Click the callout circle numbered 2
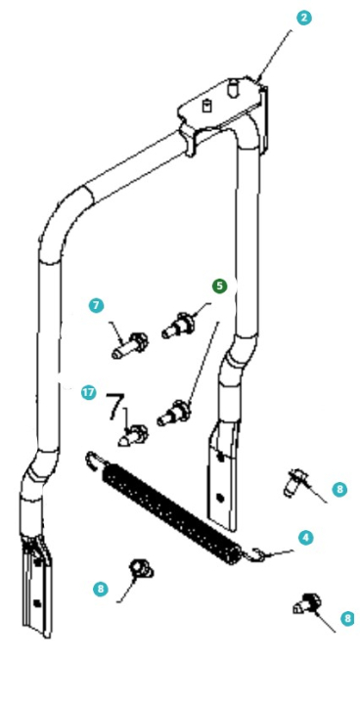coord(304,19)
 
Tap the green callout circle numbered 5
coord(219,286)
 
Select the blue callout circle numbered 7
coord(96,305)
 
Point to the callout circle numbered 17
coord(88,392)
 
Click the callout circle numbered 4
coord(305,538)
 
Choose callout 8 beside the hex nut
coord(101,589)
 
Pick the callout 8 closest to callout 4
coord(338,488)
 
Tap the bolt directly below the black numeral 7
coord(134,432)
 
